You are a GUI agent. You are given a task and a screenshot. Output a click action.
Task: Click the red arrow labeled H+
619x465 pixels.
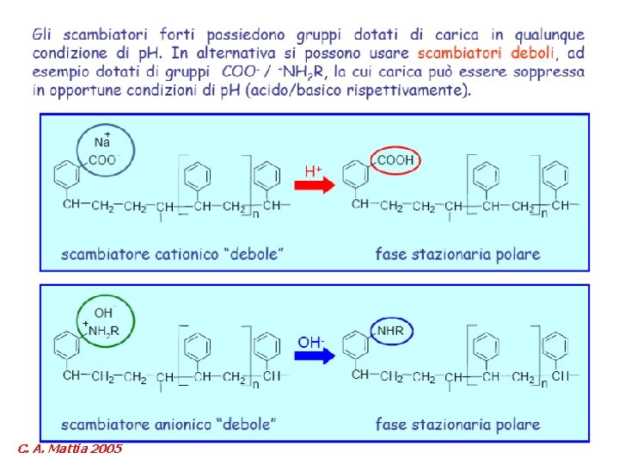tap(317, 186)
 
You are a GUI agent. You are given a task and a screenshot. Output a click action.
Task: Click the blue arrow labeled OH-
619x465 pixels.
tap(315, 355)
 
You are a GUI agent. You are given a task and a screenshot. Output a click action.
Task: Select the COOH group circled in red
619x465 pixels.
tap(396, 160)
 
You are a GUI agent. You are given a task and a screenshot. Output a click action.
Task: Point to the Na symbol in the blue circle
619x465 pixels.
tap(101, 142)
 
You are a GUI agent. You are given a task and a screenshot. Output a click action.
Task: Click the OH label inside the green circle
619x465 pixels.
tap(104, 313)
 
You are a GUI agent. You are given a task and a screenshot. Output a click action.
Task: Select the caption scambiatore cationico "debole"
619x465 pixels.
tap(173, 254)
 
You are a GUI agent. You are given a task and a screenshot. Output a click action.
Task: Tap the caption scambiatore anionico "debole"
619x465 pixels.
tap(169, 424)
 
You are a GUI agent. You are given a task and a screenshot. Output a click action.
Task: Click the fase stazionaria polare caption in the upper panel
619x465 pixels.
tap(457, 254)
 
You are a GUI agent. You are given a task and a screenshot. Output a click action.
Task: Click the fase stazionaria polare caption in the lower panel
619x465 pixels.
tap(457, 424)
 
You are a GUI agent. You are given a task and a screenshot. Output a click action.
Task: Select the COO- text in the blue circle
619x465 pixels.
tap(104, 159)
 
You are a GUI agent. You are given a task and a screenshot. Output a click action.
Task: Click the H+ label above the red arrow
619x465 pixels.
tap(313, 171)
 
